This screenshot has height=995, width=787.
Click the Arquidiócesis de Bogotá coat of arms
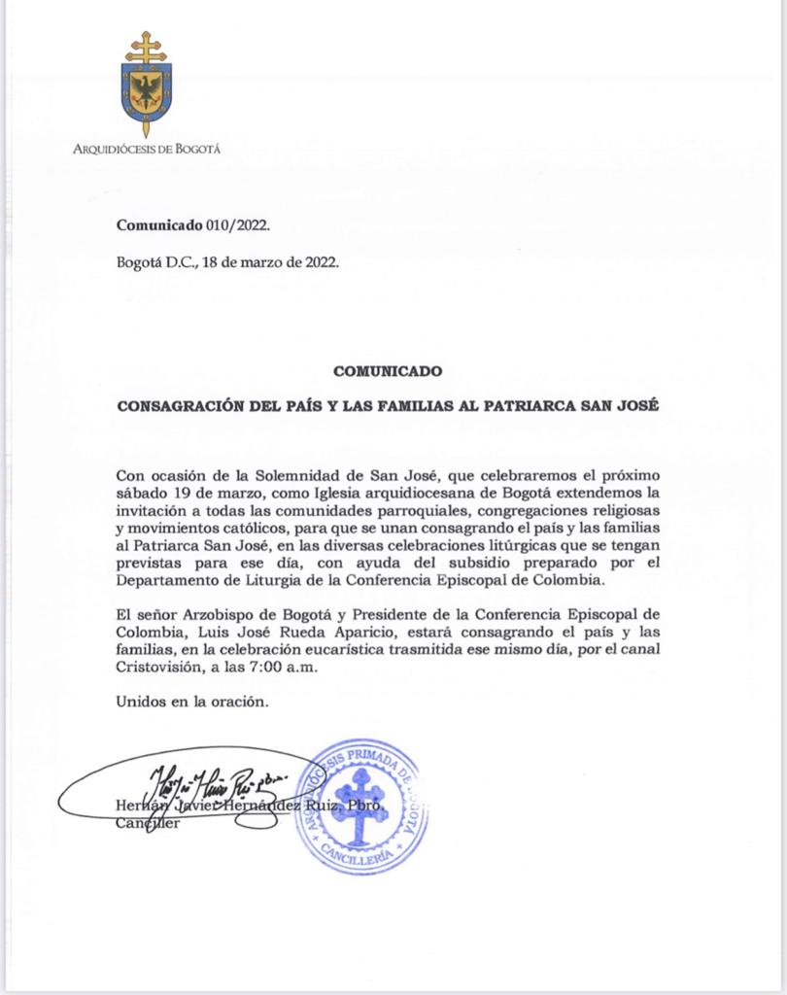146,85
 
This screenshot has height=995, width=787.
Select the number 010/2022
236,224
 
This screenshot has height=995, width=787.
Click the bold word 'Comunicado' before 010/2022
158,224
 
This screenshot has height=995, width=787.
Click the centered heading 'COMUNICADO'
388,370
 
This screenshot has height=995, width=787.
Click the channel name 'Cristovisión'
158,669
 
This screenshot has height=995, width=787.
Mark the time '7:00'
274,669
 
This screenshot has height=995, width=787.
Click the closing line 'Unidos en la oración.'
189,703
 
